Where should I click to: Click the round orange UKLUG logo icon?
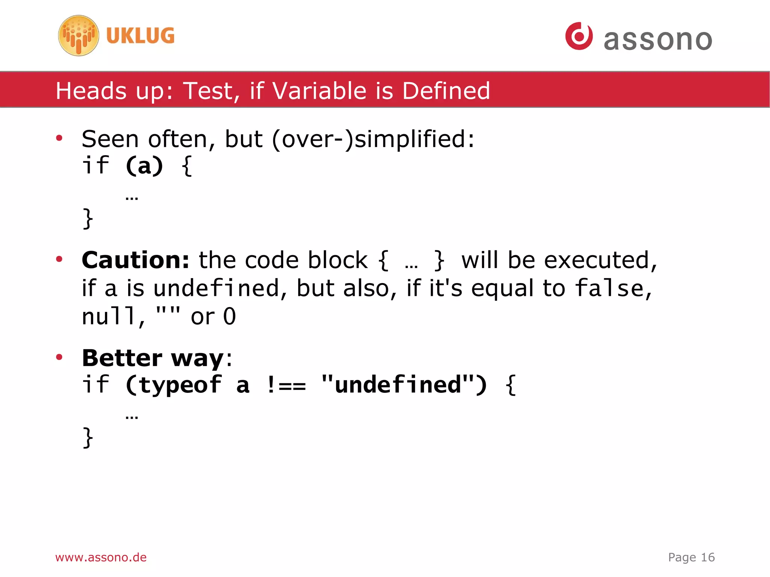(x=79, y=36)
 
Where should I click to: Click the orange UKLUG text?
(x=140, y=36)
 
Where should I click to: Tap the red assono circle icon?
(x=579, y=36)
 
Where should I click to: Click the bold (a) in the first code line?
(x=144, y=166)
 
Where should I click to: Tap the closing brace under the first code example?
(x=88, y=218)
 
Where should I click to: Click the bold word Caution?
(x=135, y=260)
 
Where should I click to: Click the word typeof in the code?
(x=180, y=385)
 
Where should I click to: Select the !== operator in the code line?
(x=286, y=385)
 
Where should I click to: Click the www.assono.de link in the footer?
(x=101, y=557)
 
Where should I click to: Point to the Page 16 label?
(x=691, y=557)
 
